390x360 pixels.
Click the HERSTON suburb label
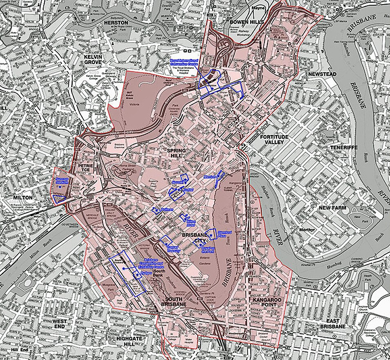click(116, 22)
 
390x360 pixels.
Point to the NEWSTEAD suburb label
click(322, 74)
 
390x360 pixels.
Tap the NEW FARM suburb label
click(332, 208)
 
